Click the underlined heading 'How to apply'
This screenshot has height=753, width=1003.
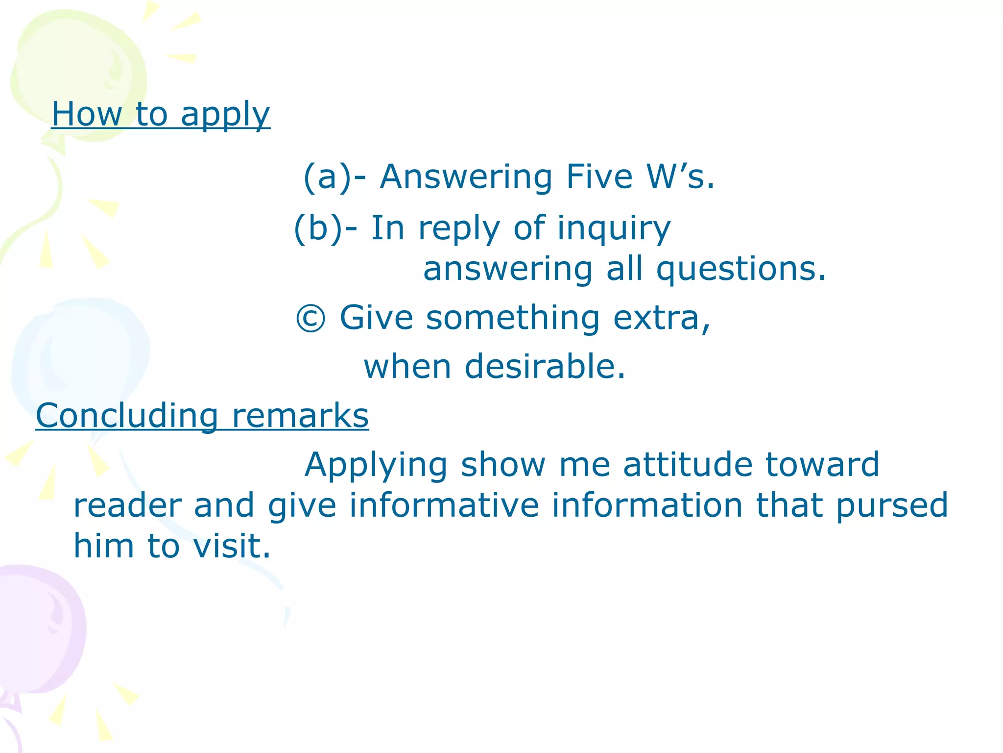coord(161,114)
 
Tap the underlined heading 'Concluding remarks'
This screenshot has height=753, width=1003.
coord(202,416)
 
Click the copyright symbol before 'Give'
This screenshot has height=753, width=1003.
coord(310,319)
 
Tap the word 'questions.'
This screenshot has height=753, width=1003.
coord(740,270)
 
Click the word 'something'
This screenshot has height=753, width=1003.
coord(513,318)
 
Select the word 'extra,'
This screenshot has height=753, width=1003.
coord(662,318)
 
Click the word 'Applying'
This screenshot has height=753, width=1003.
coord(376,465)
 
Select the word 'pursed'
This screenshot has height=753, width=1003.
coord(892,506)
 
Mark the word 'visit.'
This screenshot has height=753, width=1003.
coord(232,546)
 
